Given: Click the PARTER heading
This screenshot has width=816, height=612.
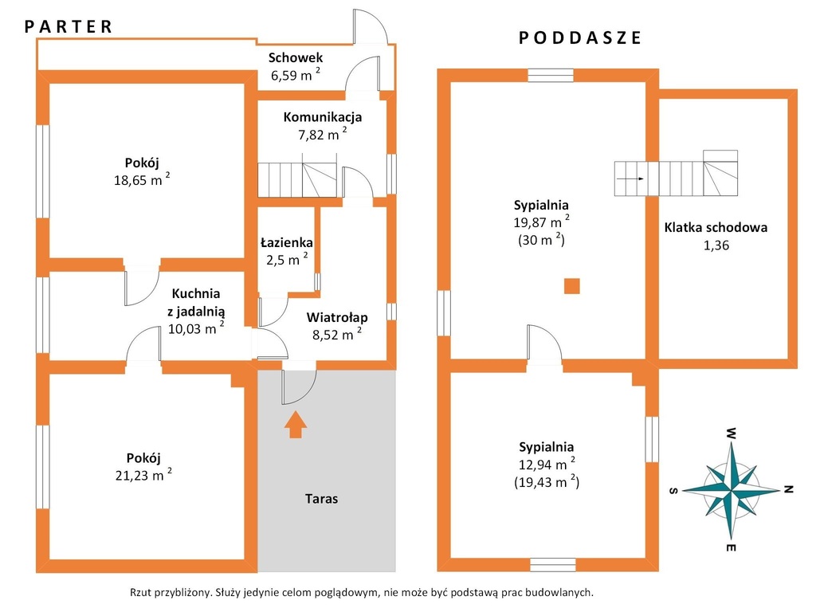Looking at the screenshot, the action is pyautogui.click(x=69, y=26).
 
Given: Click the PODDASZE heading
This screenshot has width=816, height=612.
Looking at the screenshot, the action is pyautogui.click(x=580, y=37).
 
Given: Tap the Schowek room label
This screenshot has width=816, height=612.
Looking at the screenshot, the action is pyautogui.click(x=296, y=57).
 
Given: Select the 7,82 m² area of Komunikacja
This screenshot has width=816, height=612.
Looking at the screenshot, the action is pyautogui.click(x=322, y=134).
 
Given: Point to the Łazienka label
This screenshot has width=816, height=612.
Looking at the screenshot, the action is pyautogui.click(x=287, y=242).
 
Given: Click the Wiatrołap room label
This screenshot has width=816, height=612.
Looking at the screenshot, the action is pyautogui.click(x=337, y=317).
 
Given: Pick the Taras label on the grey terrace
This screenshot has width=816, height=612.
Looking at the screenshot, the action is pyautogui.click(x=321, y=499).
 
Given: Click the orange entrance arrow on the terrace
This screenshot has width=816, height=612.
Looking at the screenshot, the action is pyautogui.click(x=296, y=424).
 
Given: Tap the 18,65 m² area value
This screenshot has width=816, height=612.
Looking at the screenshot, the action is pyautogui.click(x=142, y=179).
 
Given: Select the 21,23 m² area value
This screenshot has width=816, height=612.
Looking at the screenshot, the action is pyautogui.click(x=143, y=474).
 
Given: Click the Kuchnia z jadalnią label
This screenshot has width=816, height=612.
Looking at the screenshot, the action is pyautogui.click(x=196, y=302).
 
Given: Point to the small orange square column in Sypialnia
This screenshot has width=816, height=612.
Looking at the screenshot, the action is pyautogui.click(x=572, y=286).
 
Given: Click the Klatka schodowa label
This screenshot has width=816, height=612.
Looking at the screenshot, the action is pyautogui.click(x=716, y=227).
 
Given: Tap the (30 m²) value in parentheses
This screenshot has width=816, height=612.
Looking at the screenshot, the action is pyautogui.click(x=541, y=239).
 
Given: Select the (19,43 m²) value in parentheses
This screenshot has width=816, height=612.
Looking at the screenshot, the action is pyautogui.click(x=547, y=481).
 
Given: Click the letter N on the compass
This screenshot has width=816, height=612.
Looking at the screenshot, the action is pyautogui.click(x=788, y=489).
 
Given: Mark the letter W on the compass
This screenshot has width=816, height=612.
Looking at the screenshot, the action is pyautogui.click(x=732, y=433).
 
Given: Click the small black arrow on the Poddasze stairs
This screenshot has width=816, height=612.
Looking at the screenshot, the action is pyautogui.click(x=631, y=178).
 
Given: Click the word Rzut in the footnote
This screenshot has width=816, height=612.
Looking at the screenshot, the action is pyautogui.click(x=140, y=592).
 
